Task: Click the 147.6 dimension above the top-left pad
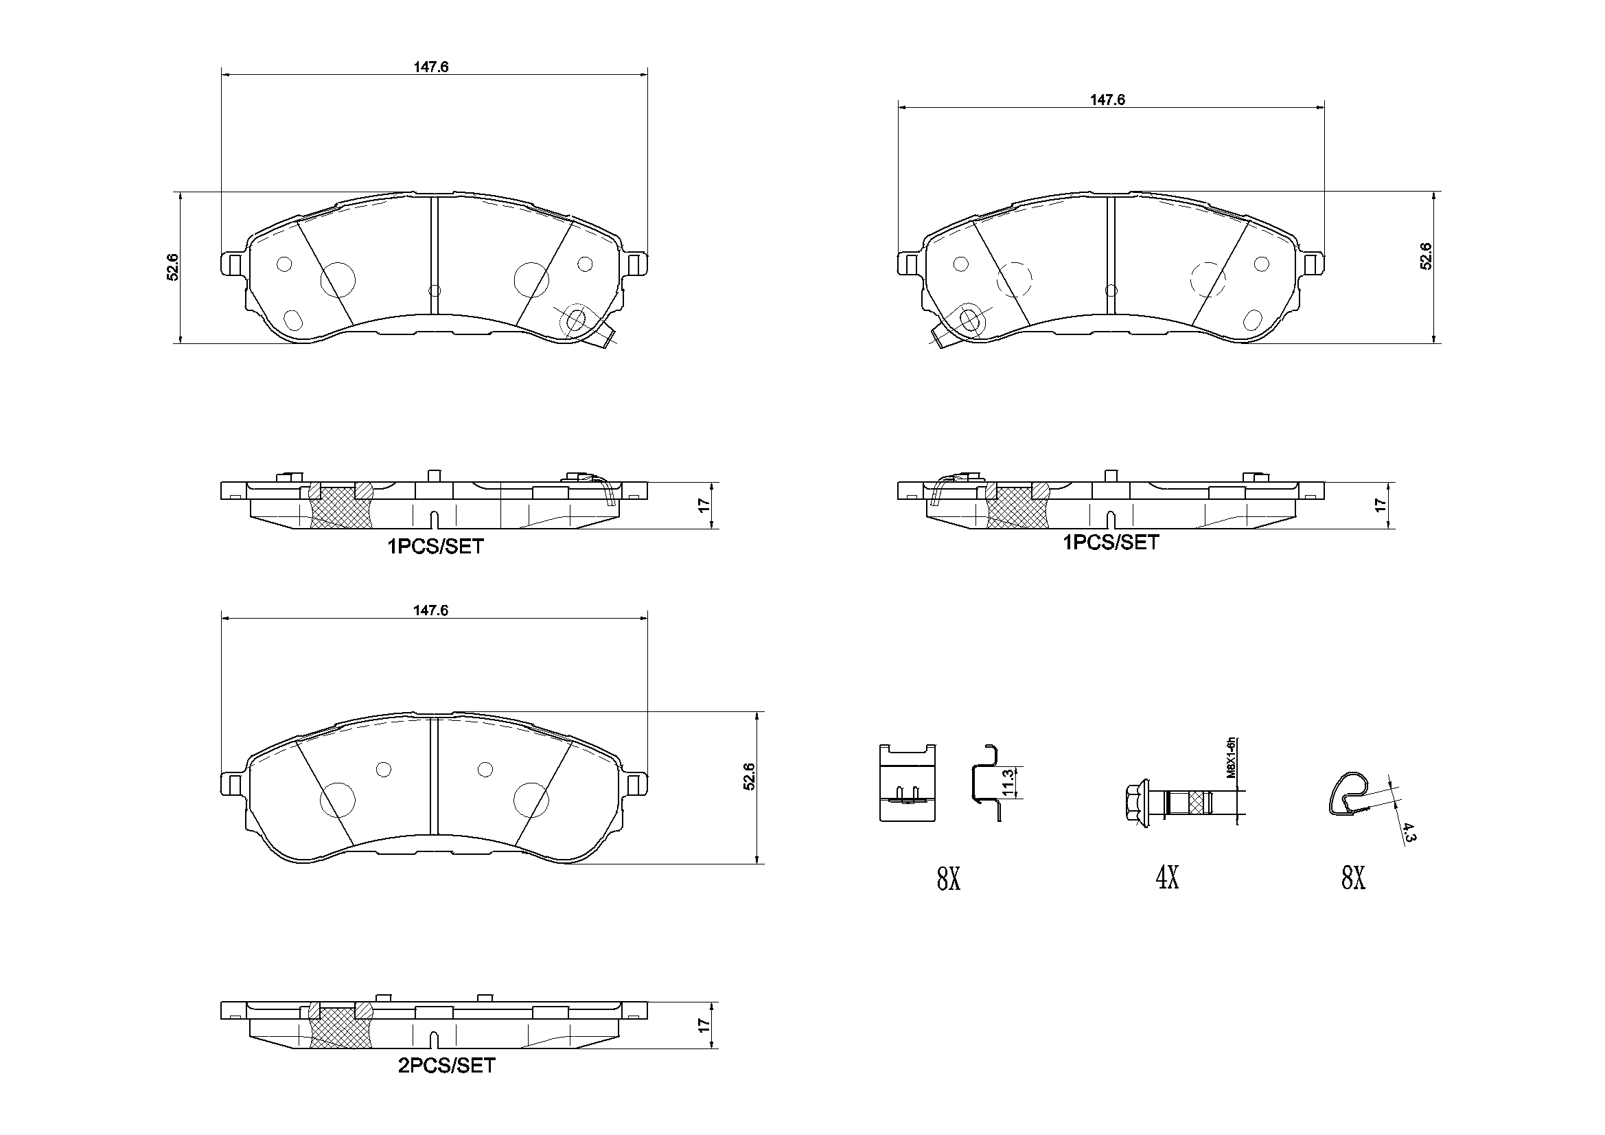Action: point(430,67)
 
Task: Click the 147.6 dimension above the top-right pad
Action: point(1107,100)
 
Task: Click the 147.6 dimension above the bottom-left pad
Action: point(430,610)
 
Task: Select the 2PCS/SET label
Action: point(446,1065)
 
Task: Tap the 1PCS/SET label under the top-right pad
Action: point(1111,542)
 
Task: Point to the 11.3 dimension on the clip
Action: point(1007,783)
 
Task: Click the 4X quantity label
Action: point(1168,877)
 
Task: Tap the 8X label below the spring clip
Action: point(1352,878)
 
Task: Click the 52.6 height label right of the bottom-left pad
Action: point(749,777)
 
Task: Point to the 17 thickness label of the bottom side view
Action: point(704,1025)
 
